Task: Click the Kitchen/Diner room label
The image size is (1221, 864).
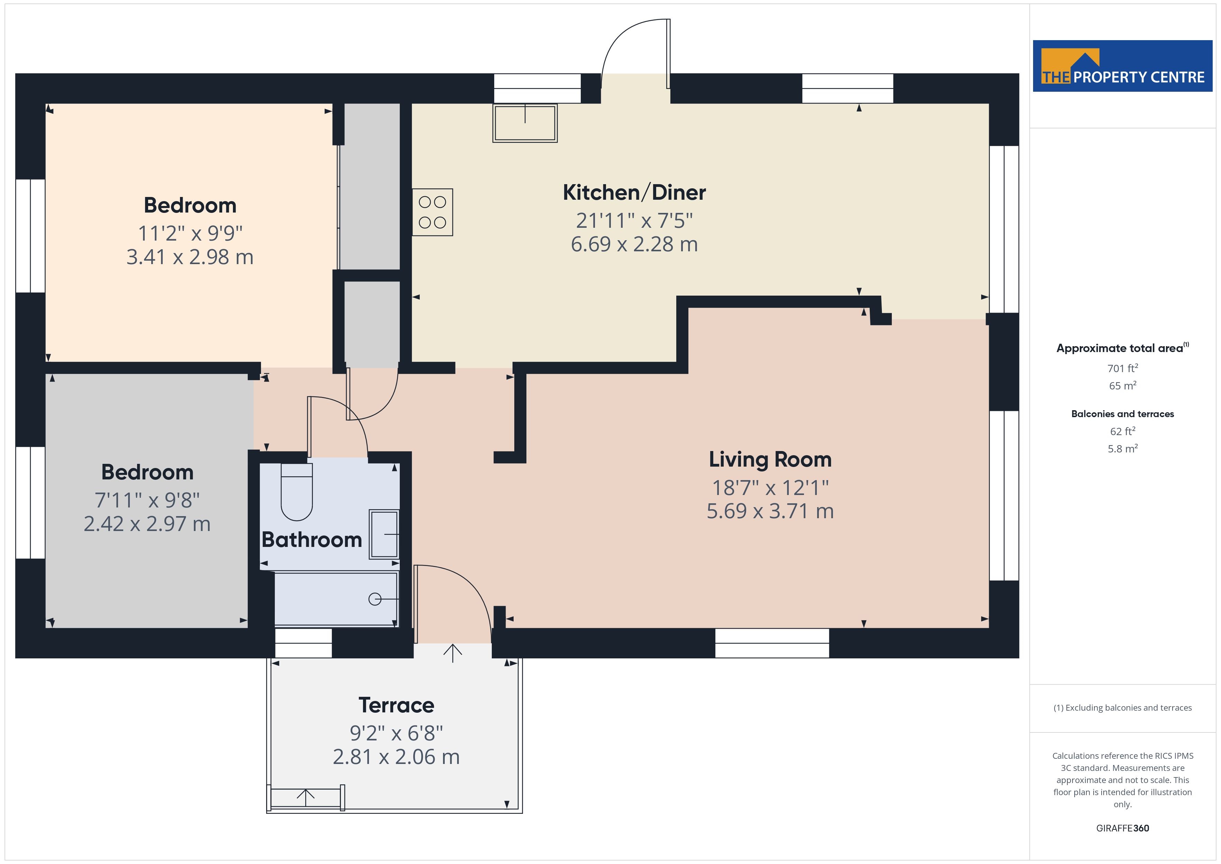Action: [x=634, y=192]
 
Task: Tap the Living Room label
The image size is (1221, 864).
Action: [x=770, y=460]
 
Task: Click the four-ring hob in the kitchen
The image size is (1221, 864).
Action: [x=432, y=212]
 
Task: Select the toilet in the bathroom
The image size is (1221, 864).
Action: [x=296, y=492]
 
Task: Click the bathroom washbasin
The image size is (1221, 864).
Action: [x=384, y=534]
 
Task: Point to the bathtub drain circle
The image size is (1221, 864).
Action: [x=375, y=599]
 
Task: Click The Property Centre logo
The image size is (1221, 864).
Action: [x=1123, y=66]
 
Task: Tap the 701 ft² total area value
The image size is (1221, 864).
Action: [x=1123, y=368]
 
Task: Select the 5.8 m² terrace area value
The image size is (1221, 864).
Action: [x=1123, y=449]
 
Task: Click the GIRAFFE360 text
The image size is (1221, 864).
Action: [x=1123, y=828]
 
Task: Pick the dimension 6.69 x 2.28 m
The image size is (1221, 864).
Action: [x=634, y=244]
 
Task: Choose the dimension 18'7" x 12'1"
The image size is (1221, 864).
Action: [x=770, y=487]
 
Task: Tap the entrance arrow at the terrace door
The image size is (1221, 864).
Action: [x=453, y=653]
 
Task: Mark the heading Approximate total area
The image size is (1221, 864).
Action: [x=1123, y=348]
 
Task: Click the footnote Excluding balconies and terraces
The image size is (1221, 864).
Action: [x=1123, y=708]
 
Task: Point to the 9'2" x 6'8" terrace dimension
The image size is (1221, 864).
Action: [x=396, y=733]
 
